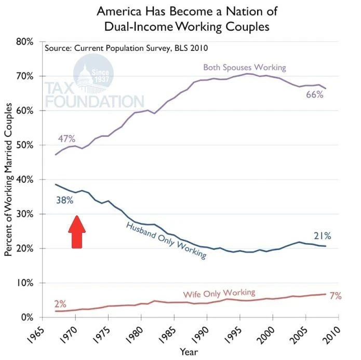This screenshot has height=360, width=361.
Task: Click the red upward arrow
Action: tap(76, 233)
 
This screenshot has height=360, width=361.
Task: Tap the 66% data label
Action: tap(314, 94)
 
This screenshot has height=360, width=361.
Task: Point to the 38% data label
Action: tap(64, 199)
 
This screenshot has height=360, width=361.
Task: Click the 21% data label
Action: tap(322, 236)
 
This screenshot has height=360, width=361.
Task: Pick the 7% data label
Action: tap(335, 296)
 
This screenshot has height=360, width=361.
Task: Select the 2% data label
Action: tap(60, 304)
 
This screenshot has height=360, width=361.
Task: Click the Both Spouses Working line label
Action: tap(244, 67)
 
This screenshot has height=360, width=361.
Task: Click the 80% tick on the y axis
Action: tap(24, 41)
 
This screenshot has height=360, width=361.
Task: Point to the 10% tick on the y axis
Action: tap(24, 283)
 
